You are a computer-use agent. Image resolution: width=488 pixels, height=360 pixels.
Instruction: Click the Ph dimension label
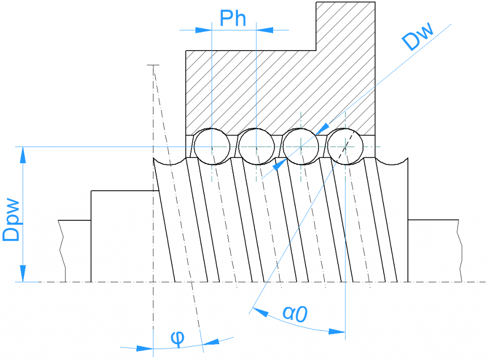pyautogui.click(x=233, y=19)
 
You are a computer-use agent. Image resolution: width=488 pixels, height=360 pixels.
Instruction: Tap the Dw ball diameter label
pyautogui.click(x=417, y=38)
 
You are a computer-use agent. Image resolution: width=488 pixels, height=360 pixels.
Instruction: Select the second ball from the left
pyautogui.click(x=256, y=146)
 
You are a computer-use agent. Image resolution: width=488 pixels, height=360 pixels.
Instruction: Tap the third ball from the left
pyautogui.click(x=301, y=146)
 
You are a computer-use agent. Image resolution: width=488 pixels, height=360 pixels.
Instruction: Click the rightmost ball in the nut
pyautogui.click(x=345, y=146)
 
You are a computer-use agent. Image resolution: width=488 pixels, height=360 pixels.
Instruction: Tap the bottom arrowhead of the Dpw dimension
pyautogui.click(x=22, y=275)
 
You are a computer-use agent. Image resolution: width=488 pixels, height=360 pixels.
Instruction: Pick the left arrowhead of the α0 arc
pyautogui.click(x=259, y=312)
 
